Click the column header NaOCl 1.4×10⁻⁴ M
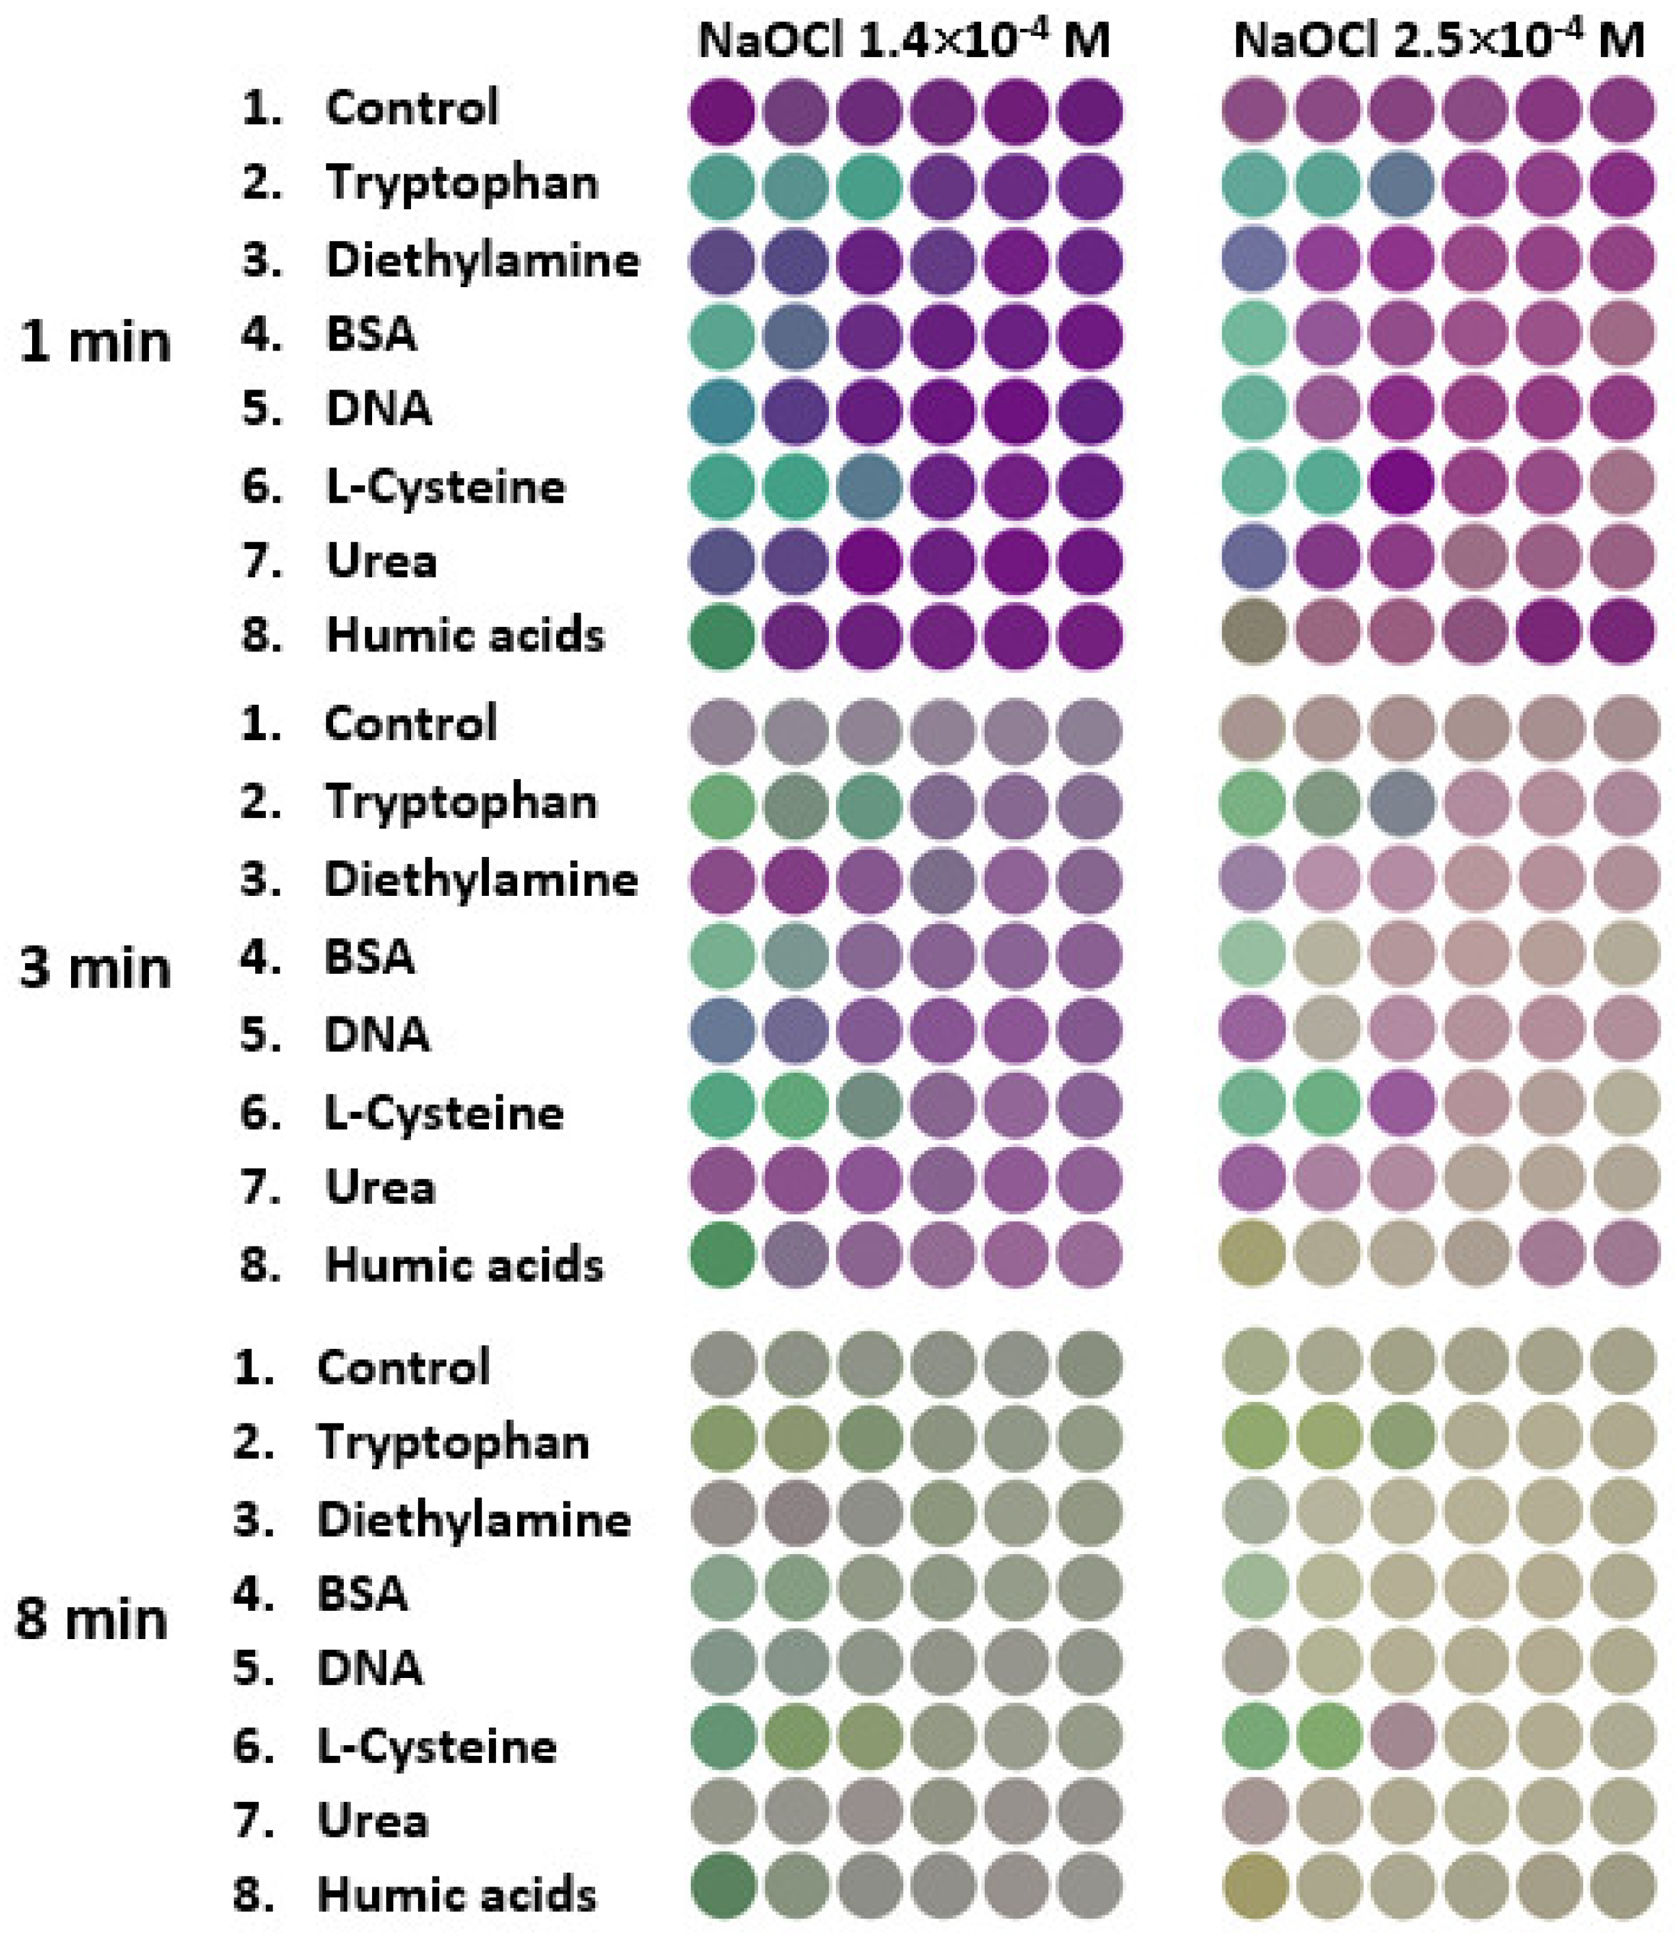pos(903,40)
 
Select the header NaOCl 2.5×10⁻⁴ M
pos(1439,40)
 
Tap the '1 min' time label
pos(95,342)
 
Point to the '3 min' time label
pos(95,968)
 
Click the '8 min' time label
pos(92,1620)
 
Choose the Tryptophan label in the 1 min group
pos(461,182)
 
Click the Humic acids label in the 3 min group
pos(464,1265)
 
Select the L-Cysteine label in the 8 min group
pos(437,1746)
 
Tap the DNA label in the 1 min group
pos(378,408)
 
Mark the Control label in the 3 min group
pos(410,724)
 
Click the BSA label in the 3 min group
pos(369,957)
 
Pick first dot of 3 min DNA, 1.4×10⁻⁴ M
pos(722,1030)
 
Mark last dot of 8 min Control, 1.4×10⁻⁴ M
pos(1089,1363)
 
